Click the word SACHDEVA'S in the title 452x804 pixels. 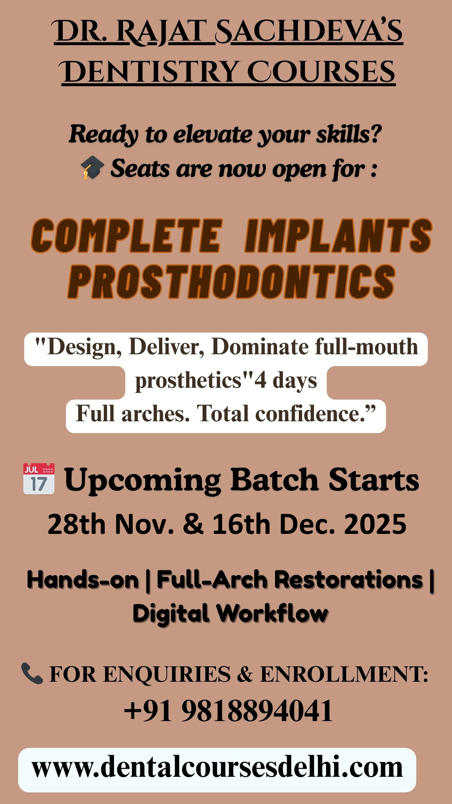click(309, 32)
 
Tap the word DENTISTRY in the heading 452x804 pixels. click(150, 72)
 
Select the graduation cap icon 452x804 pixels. click(92, 167)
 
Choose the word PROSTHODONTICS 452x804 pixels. click(231, 281)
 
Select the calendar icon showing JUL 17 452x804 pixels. click(39, 479)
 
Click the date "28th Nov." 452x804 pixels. click(111, 524)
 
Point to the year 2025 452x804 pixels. click(375, 524)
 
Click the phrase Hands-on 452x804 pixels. click(82, 580)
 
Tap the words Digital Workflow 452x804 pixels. click(230, 614)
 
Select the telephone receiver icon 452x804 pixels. click(32, 673)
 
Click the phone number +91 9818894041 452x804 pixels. click(229, 711)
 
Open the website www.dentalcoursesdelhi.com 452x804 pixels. click(217, 768)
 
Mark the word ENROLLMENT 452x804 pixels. click(344, 674)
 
